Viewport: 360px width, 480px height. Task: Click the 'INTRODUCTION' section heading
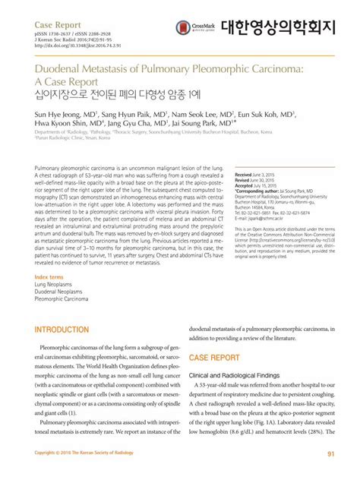click(63, 330)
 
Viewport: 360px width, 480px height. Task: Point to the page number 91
click(330, 454)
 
